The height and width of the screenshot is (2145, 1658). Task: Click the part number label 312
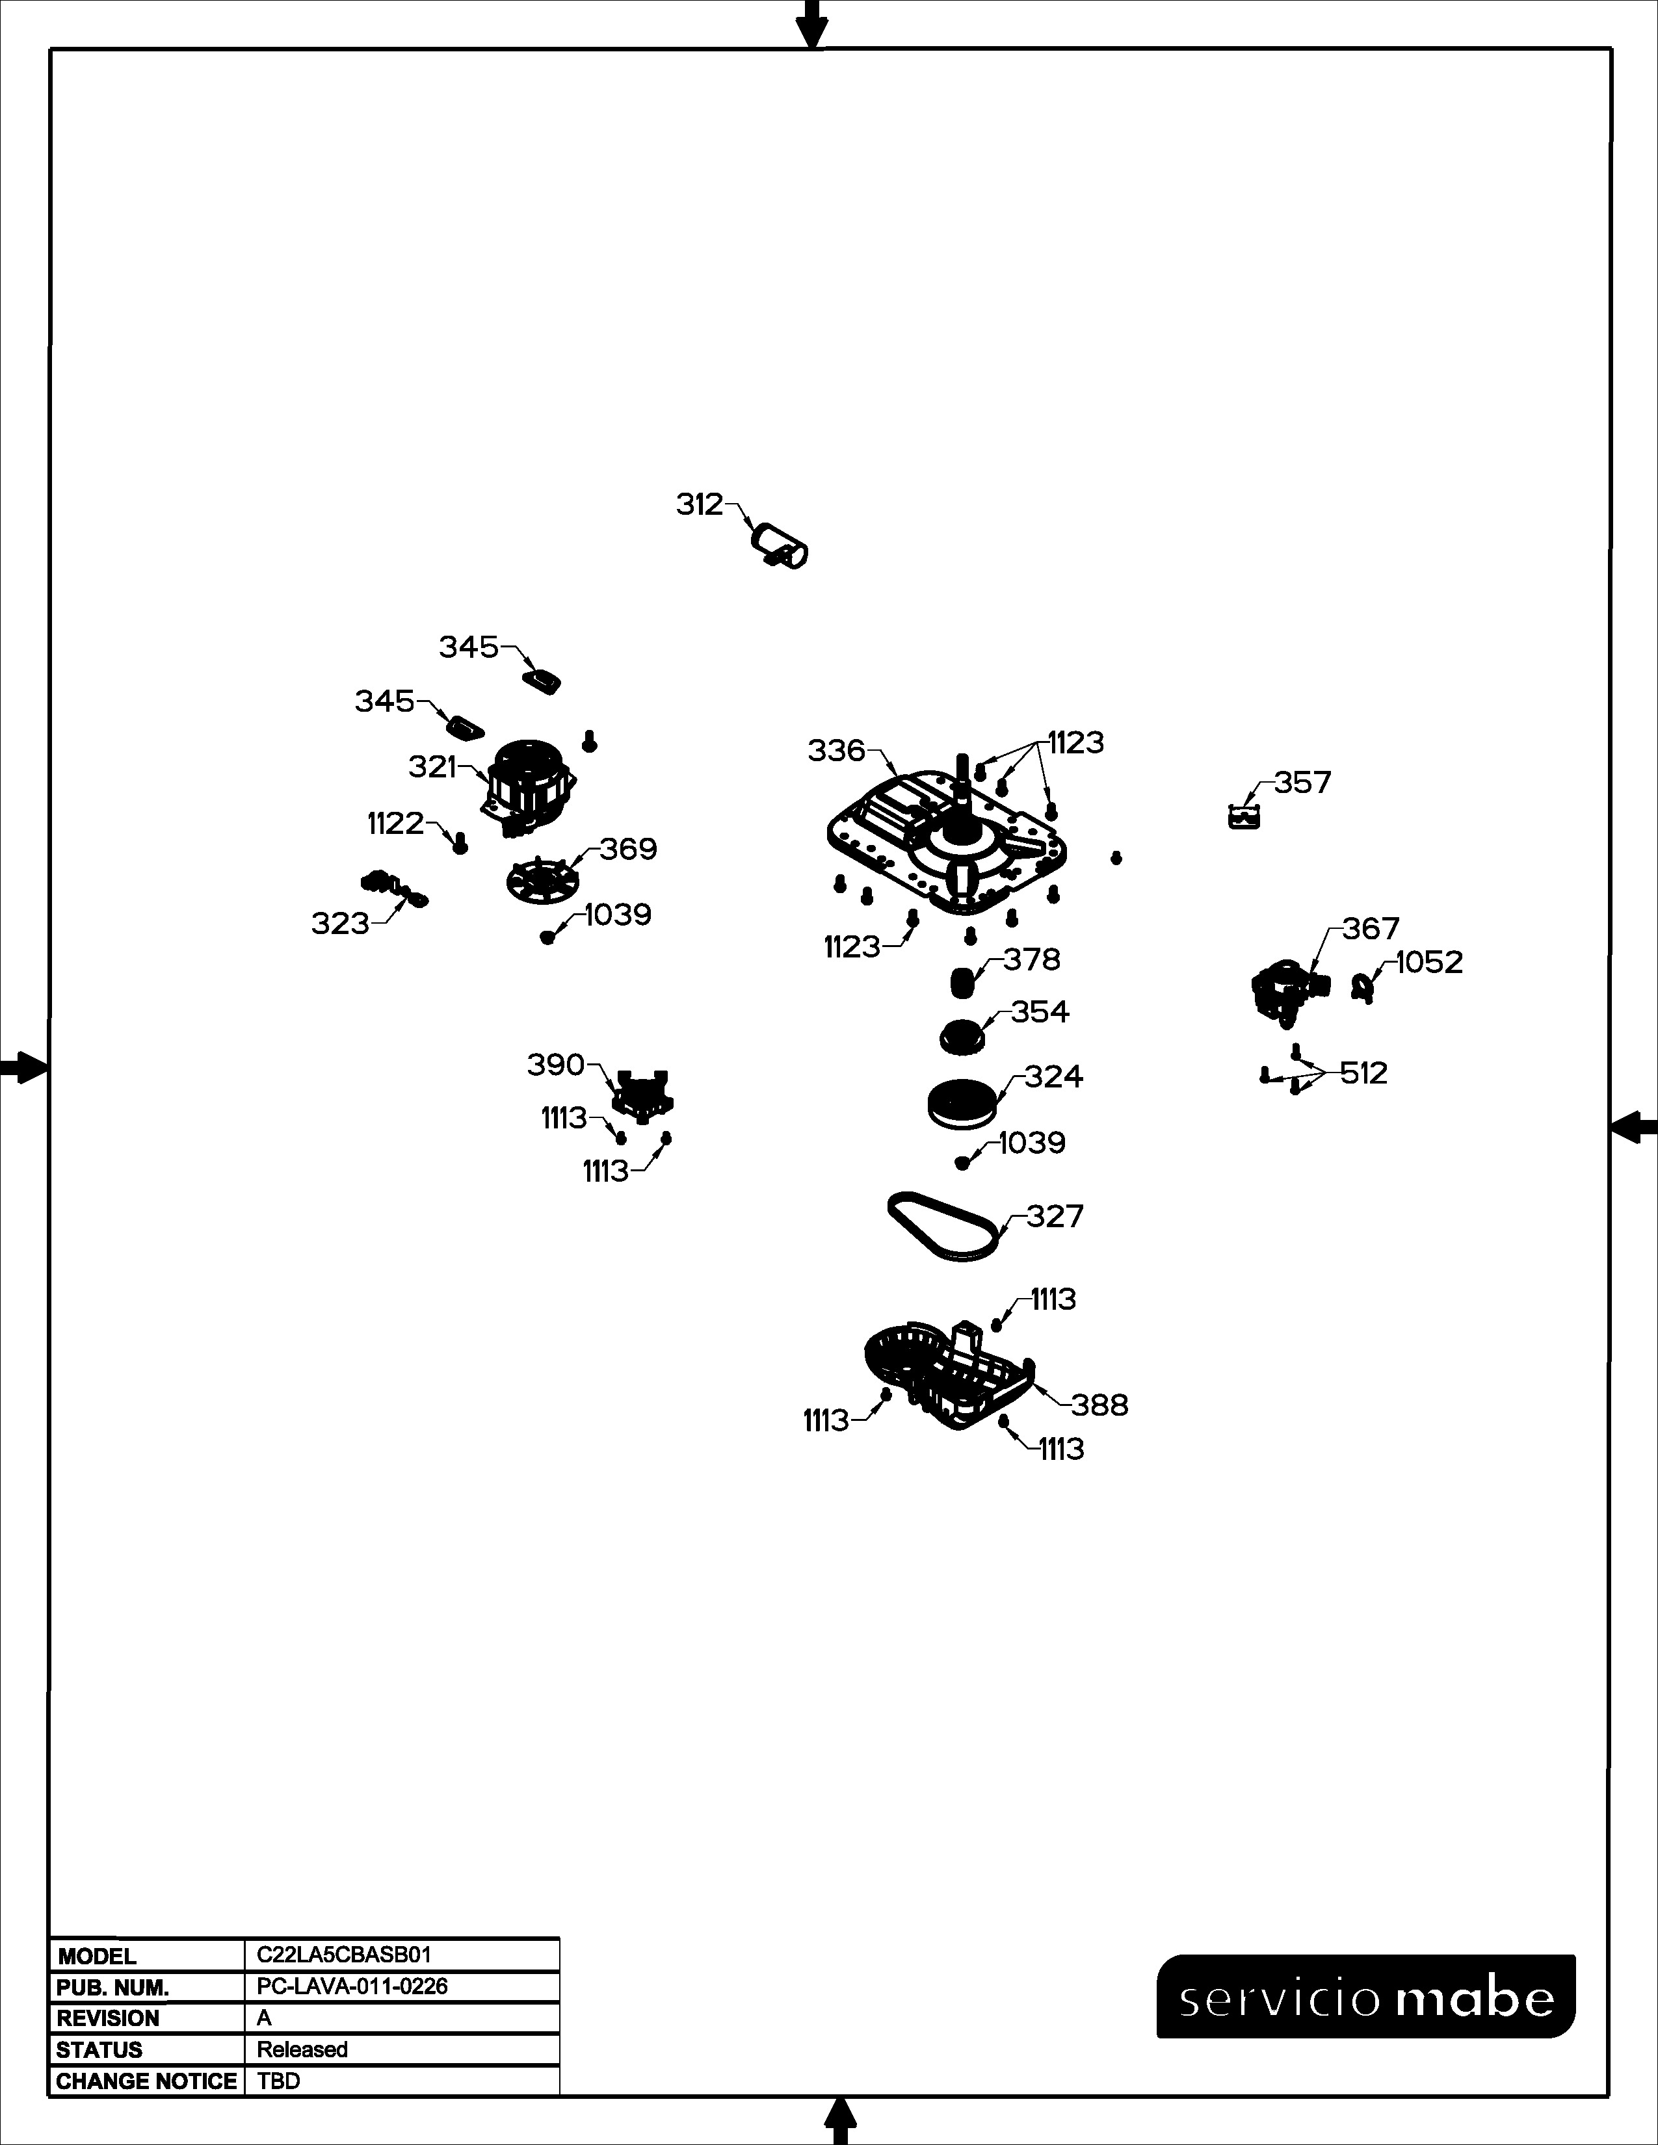(x=700, y=505)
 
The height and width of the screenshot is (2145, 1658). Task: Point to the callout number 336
(x=837, y=751)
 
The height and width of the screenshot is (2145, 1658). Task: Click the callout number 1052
(x=1429, y=963)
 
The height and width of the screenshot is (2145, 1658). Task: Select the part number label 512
(x=1364, y=1074)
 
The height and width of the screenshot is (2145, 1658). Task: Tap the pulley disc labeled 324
(x=962, y=1103)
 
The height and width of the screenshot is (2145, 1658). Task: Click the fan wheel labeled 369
(x=541, y=877)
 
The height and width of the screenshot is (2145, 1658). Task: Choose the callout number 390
(x=556, y=1065)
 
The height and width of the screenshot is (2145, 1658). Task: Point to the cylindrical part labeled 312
(x=780, y=548)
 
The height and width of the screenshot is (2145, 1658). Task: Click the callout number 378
(x=1031, y=959)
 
